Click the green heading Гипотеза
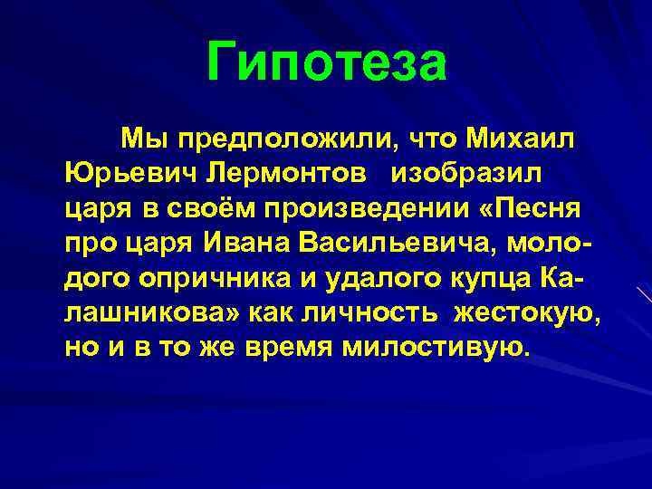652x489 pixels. click(326, 63)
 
